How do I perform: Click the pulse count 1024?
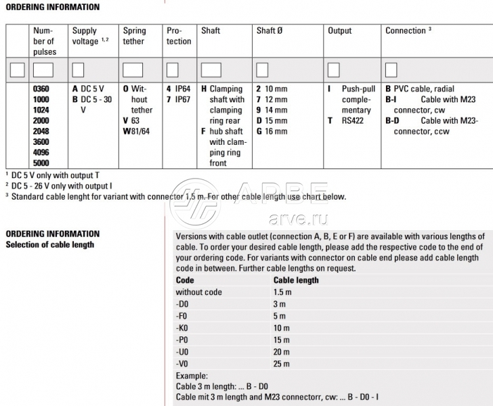[x=41, y=110]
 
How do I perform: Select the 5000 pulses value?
[x=41, y=163]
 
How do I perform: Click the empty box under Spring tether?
[x=133, y=69]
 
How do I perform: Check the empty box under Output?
[x=334, y=69]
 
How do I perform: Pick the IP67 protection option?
[x=179, y=99]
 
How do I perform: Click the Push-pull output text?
[x=358, y=89]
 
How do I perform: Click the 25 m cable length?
[x=282, y=364]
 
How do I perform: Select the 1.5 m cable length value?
[x=282, y=292]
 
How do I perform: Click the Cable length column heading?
[x=296, y=280]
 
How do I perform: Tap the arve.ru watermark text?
[x=298, y=219]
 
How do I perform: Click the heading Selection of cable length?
[x=49, y=245]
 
